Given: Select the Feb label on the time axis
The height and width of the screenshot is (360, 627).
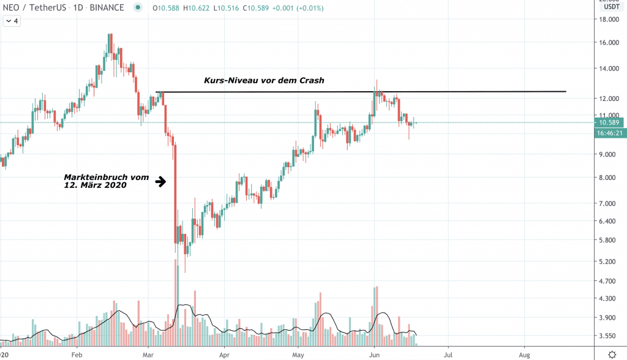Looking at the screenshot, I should (77, 354).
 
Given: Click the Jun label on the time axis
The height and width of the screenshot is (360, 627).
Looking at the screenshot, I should (374, 354).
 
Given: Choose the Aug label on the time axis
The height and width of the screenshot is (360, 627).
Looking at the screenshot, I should (524, 354).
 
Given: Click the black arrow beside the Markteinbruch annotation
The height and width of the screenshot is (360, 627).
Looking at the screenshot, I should (161, 181).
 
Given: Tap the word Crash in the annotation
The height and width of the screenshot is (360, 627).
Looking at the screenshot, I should (309, 81).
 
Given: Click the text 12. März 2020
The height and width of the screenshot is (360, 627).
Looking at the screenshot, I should (95, 185).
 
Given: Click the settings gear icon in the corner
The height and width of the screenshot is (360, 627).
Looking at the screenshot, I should (613, 354).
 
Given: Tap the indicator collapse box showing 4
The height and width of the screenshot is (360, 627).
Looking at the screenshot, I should (12, 21).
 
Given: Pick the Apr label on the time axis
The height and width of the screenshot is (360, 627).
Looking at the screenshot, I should (224, 354).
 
